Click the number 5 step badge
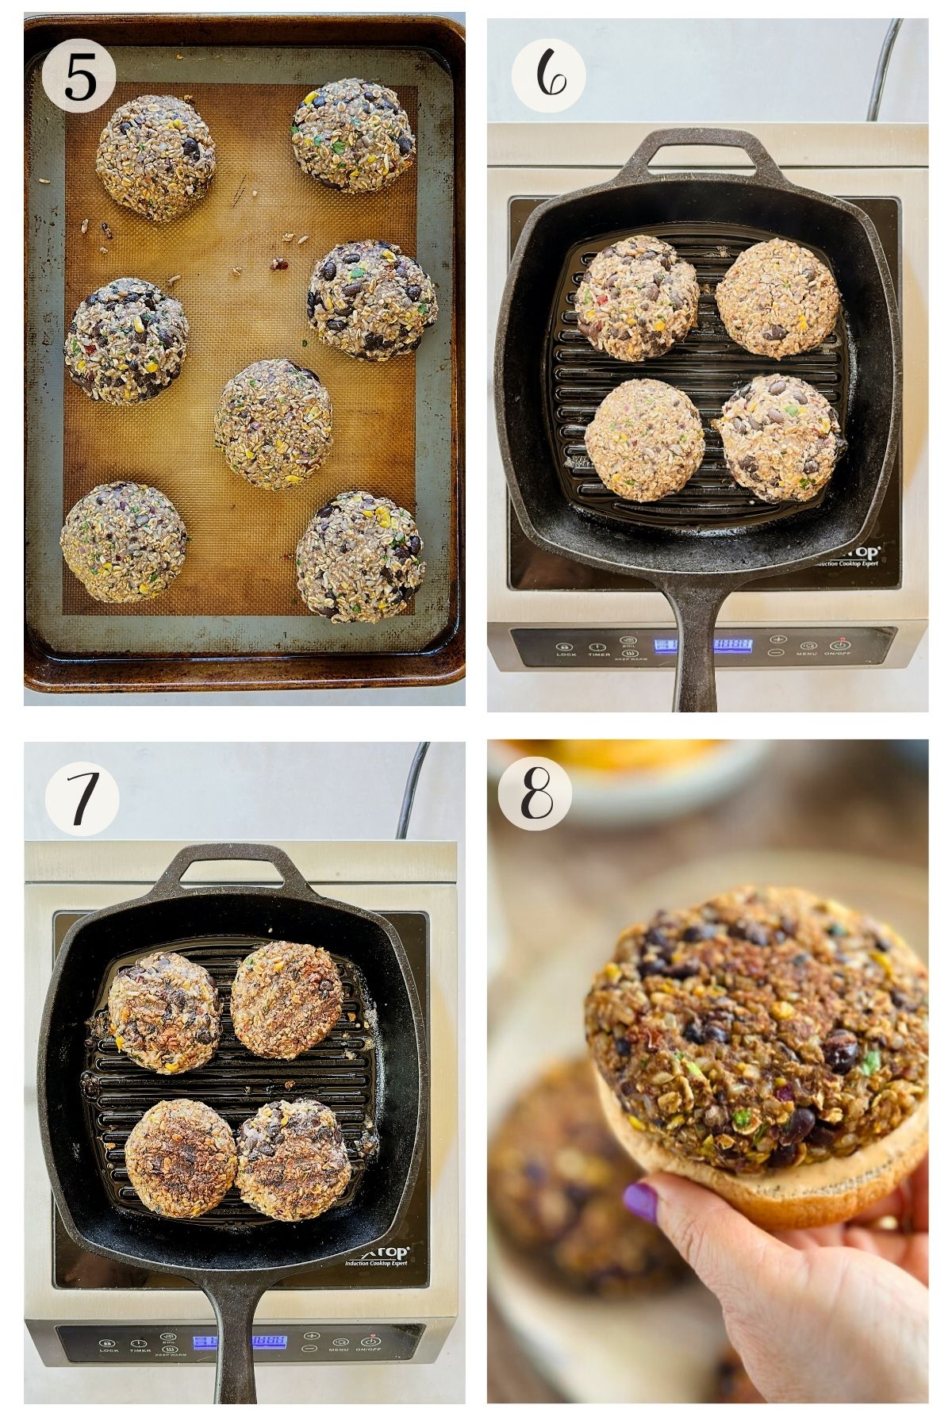pos(79,76)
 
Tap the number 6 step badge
pos(548,76)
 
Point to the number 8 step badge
pos(534,794)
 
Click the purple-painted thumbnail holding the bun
pos(641,1201)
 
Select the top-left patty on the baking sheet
pos(156,157)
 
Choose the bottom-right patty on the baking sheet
pos(360,555)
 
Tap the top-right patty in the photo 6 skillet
pos(777,294)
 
